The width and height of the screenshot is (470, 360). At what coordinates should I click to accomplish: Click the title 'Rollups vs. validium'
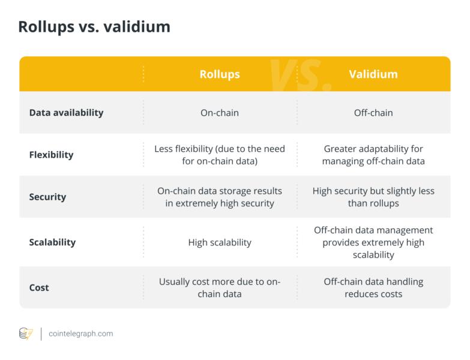(94, 27)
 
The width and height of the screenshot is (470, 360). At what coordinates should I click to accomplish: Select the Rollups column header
(220, 74)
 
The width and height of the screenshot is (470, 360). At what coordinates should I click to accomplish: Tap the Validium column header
(373, 74)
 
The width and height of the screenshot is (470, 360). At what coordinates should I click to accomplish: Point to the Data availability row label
(66, 112)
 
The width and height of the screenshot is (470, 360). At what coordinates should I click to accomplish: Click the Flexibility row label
(51, 155)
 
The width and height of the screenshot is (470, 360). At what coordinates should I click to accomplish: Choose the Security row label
(47, 197)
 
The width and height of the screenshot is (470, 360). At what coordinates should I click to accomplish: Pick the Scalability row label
(52, 242)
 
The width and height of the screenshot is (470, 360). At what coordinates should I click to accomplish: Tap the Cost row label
(39, 287)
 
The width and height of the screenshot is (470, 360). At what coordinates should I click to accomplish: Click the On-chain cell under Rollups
(220, 112)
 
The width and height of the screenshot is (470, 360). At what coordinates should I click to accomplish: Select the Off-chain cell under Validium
(373, 112)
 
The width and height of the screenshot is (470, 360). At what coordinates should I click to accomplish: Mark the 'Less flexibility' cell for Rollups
(220, 155)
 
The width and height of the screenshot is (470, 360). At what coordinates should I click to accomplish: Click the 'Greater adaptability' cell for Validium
(373, 155)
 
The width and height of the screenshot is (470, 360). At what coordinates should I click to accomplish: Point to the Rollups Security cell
(220, 197)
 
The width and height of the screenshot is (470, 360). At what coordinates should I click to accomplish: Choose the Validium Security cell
(373, 197)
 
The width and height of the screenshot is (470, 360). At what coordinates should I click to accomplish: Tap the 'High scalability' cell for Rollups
(220, 242)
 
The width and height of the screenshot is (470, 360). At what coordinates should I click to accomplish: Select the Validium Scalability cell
(373, 242)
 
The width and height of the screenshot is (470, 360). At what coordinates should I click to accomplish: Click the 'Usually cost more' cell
(220, 287)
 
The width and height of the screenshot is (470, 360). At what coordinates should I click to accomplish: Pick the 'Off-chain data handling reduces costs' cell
(373, 287)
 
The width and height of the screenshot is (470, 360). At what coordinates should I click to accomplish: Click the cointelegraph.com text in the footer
(80, 334)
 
